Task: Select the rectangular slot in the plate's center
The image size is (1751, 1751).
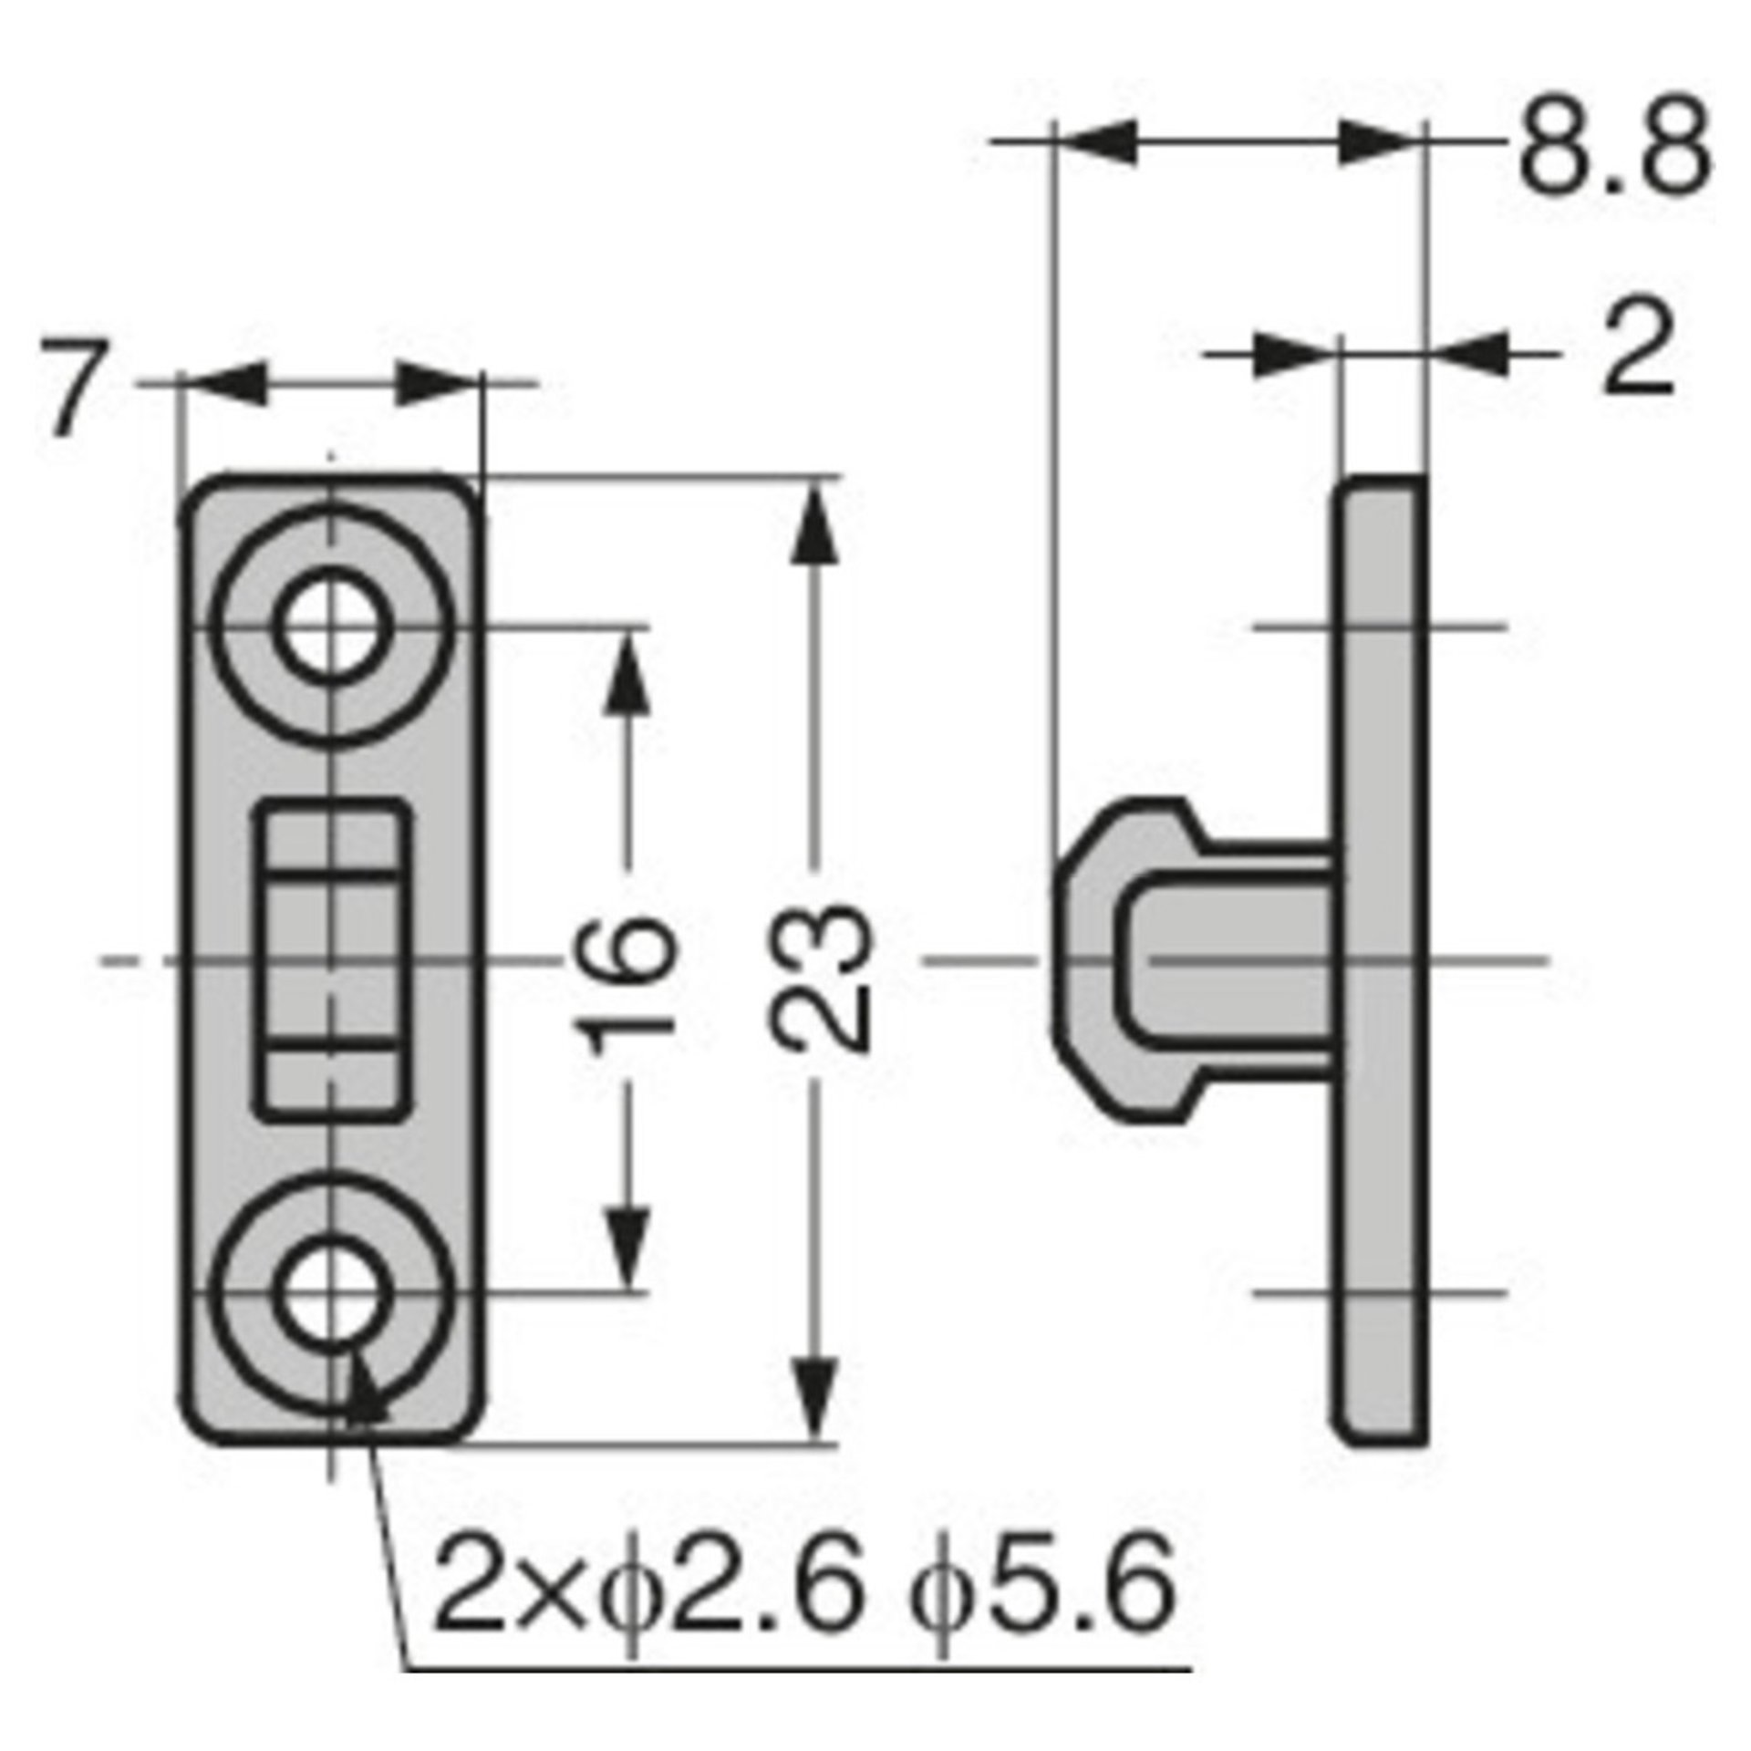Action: pos(331,959)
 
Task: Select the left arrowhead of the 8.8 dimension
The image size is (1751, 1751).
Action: pos(1094,143)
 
